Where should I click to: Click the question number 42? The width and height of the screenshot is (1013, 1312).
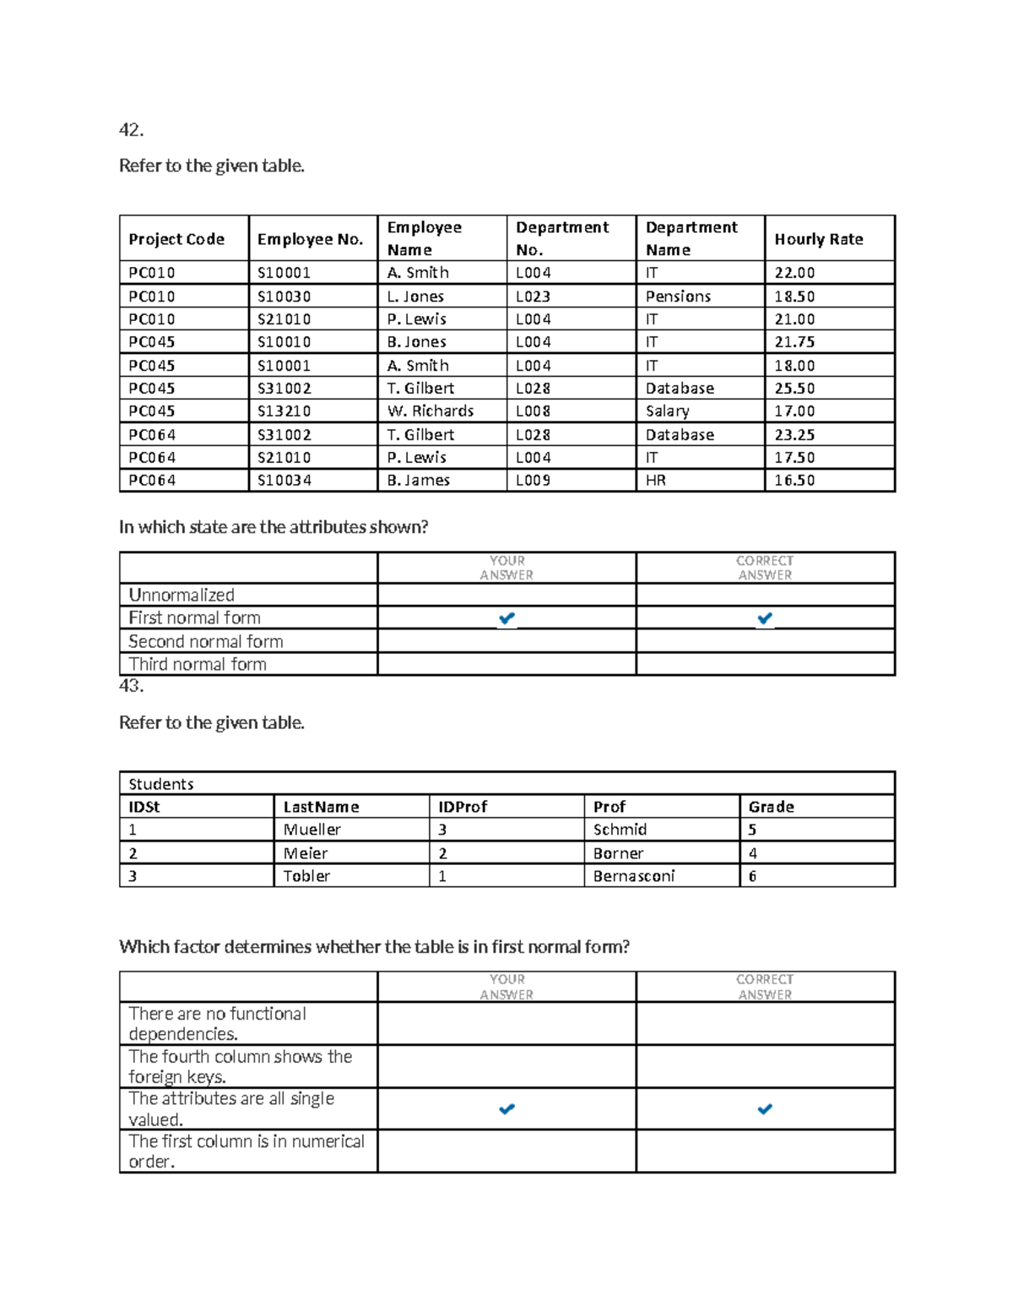coord(131,130)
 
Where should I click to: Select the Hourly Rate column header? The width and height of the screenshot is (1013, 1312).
coord(818,239)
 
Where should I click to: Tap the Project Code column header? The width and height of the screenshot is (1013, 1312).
coord(176,239)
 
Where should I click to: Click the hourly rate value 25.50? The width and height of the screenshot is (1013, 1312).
coord(794,389)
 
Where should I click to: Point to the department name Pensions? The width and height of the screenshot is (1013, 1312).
coord(678,297)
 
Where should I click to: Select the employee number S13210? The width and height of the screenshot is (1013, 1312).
coord(284,411)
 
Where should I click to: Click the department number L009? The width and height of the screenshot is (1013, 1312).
coord(533,481)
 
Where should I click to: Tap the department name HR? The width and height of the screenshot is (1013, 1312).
coord(655,481)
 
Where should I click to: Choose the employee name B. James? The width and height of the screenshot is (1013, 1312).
coord(418,481)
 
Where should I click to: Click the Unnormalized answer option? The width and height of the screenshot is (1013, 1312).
coord(181,595)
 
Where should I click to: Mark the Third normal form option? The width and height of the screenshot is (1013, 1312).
coord(198,664)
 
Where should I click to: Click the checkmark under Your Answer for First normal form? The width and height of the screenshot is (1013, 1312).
coord(506,618)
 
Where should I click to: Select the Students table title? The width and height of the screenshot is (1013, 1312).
coord(161,784)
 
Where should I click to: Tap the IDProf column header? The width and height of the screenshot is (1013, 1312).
coord(463,807)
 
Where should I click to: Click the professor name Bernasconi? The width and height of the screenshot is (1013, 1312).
coord(633,876)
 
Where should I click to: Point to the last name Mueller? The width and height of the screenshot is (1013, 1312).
coord(311,830)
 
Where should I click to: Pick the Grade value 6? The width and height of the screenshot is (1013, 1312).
coord(752,876)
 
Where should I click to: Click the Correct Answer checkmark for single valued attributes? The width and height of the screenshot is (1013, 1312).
coord(765,1108)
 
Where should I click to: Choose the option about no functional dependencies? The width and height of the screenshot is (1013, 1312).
coord(217,1024)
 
